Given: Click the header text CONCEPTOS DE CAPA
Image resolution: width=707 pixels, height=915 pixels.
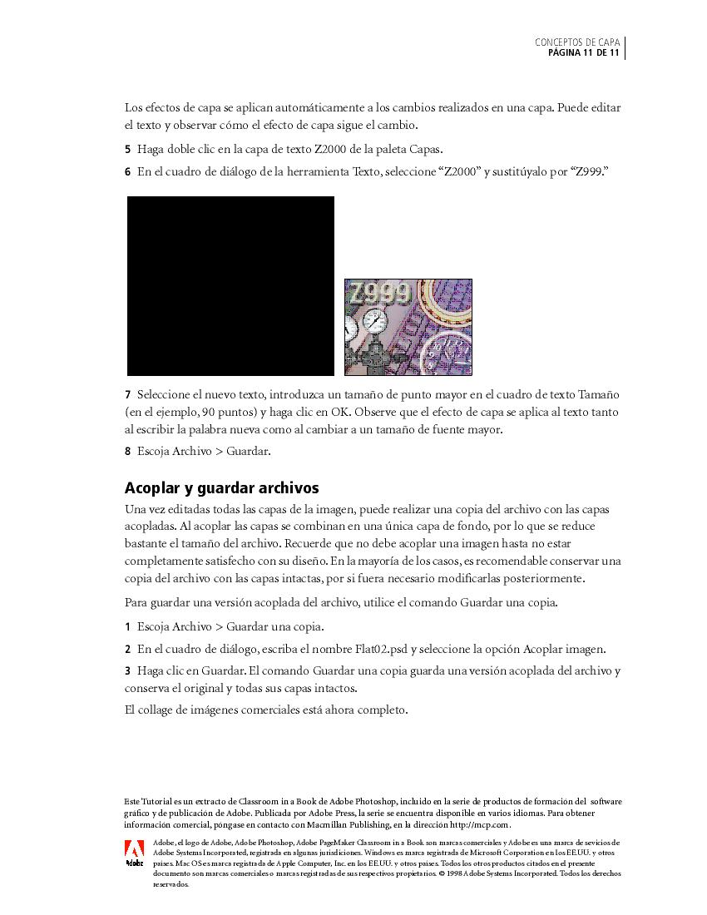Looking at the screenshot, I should click(577, 42).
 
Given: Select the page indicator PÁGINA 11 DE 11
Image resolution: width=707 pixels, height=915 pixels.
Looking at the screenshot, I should click(583, 53).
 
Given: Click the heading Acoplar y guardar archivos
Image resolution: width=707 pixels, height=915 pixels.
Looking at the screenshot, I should click(221, 487).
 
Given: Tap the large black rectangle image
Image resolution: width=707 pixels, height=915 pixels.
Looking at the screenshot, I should click(230, 286).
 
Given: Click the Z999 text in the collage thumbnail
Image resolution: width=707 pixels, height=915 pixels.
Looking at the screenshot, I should click(379, 294).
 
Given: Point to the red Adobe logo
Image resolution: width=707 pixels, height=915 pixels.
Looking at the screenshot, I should click(134, 849).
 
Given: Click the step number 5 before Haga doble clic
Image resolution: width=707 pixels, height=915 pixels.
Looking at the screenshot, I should click(127, 150).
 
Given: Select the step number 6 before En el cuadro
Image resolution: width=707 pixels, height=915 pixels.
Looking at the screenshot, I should click(127, 172).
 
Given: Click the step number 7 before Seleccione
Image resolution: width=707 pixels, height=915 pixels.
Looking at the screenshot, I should click(127, 394).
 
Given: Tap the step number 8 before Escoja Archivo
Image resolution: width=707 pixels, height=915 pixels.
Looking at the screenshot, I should click(127, 452).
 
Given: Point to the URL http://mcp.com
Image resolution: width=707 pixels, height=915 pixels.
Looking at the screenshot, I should click(479, 824).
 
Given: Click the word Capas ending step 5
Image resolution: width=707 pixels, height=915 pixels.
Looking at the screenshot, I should click(425, 150).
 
